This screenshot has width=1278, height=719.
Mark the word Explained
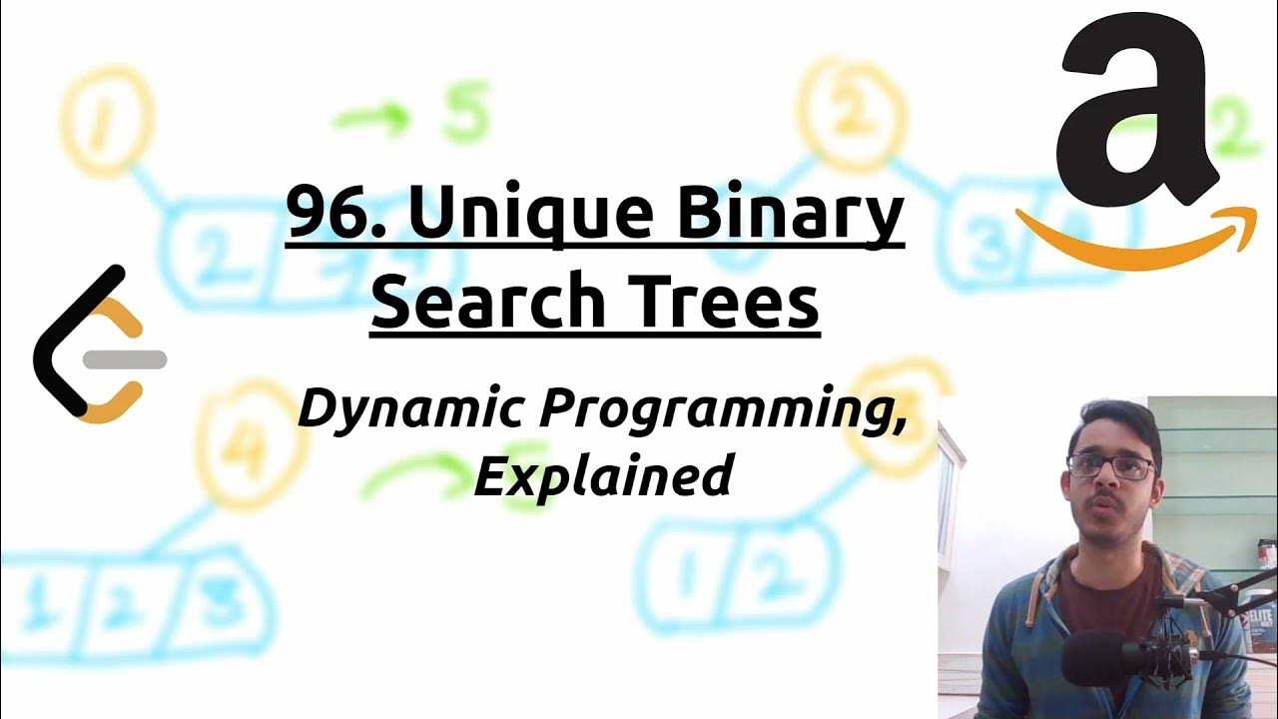point(603,475)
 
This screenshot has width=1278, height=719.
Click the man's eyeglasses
point(1110,465)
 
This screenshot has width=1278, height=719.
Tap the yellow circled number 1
point(108,123)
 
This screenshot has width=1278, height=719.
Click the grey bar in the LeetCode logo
point(125,360)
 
